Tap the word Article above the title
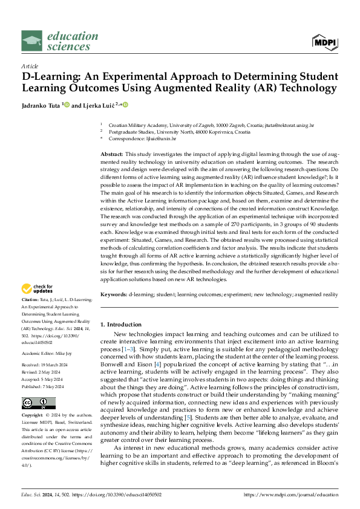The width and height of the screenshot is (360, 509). point(30,65)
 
